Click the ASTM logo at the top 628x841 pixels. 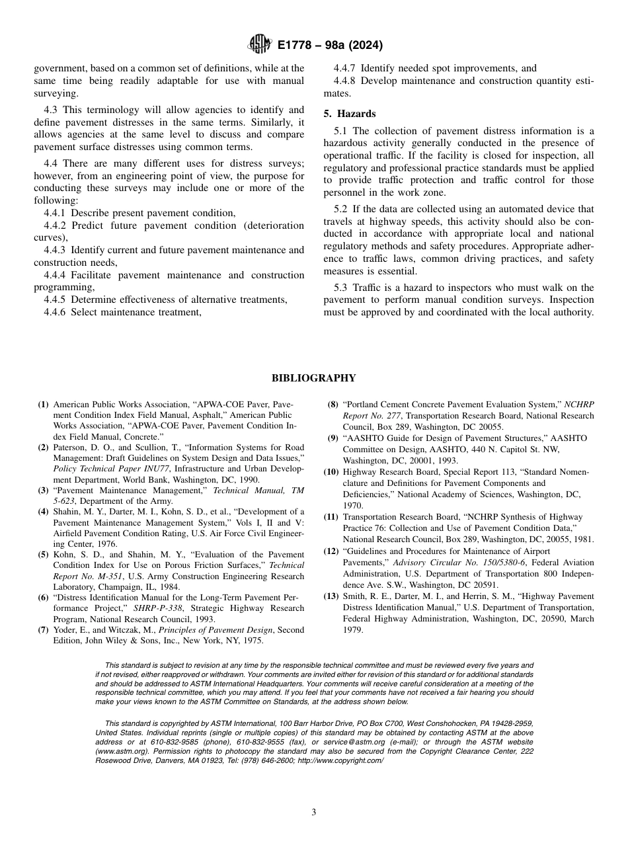point(259,45)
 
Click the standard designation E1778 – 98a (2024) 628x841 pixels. point(330,46)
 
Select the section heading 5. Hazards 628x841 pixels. point(350,114)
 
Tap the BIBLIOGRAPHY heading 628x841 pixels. point(313,378)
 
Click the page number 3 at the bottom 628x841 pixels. point(313,813)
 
